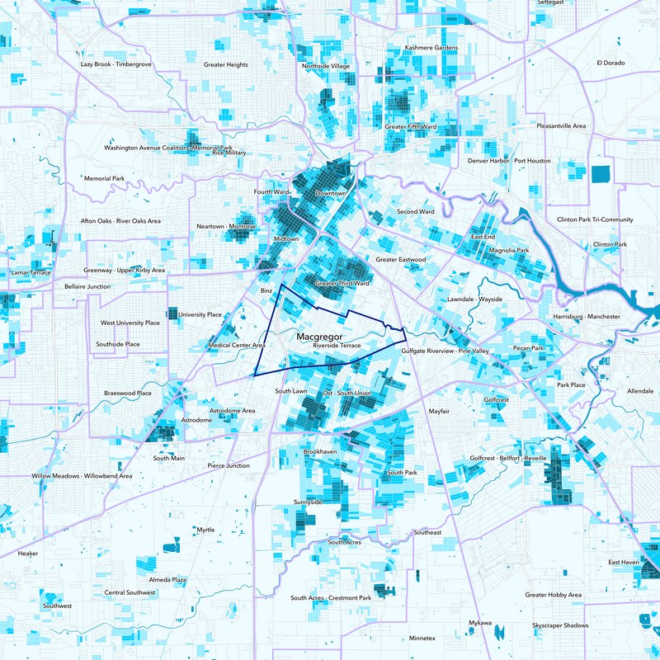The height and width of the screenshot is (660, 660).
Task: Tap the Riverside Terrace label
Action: tap(337, 346)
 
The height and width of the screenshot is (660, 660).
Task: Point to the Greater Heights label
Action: tap(226, 64)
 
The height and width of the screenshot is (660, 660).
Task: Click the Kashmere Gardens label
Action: tap(431, 48)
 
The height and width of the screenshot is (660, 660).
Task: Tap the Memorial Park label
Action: tap(104, 178)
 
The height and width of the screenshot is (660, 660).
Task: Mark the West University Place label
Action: tap(130, 323)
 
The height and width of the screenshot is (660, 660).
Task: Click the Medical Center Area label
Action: tap(237, 346)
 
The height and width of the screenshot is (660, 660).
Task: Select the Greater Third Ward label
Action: tap(342, 283)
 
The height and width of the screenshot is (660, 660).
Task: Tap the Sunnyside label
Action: tap(308, 502)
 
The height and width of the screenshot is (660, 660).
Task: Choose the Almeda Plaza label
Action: tap(167, 580)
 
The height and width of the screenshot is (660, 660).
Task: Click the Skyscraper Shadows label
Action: tap(560, 625)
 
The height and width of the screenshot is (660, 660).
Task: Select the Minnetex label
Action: tap(422, 639)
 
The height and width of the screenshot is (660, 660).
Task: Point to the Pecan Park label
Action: tap(528, 348)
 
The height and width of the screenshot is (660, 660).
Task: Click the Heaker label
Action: tap(28, 554)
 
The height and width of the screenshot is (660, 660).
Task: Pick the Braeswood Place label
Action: tap(128, 394)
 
